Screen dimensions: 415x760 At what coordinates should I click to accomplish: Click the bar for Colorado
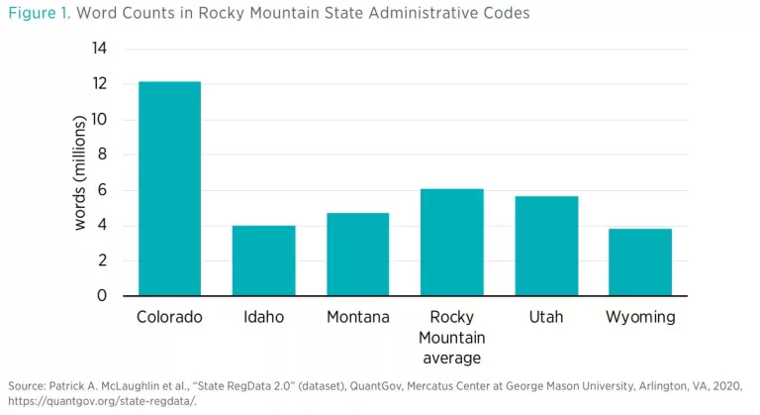point(169,188)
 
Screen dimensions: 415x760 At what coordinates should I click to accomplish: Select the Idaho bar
point(263,260)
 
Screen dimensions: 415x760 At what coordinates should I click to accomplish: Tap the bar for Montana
point(357,255)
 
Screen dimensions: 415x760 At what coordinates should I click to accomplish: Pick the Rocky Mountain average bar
point(451,242)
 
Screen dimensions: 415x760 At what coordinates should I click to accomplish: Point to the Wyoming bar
point(640,262)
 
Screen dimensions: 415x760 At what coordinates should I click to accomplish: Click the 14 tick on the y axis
point(100,49)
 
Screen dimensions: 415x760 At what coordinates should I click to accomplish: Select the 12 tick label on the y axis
point(100,84)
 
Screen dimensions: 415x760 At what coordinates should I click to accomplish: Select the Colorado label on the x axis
point(169,318)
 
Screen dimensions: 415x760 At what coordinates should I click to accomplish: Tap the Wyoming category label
point(640,318)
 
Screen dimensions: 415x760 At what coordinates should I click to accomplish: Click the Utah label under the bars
point(545,318)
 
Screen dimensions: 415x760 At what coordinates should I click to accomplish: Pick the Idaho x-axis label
point(263,318)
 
